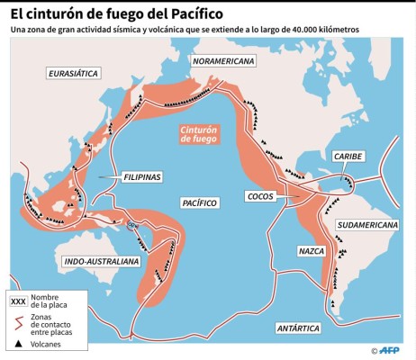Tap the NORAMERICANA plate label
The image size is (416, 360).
222,61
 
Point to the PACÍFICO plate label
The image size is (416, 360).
198,203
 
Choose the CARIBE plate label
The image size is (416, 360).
348,156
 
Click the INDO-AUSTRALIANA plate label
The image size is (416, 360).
102,261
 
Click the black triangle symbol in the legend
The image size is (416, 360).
18,344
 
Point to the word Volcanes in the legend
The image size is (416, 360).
48,344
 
